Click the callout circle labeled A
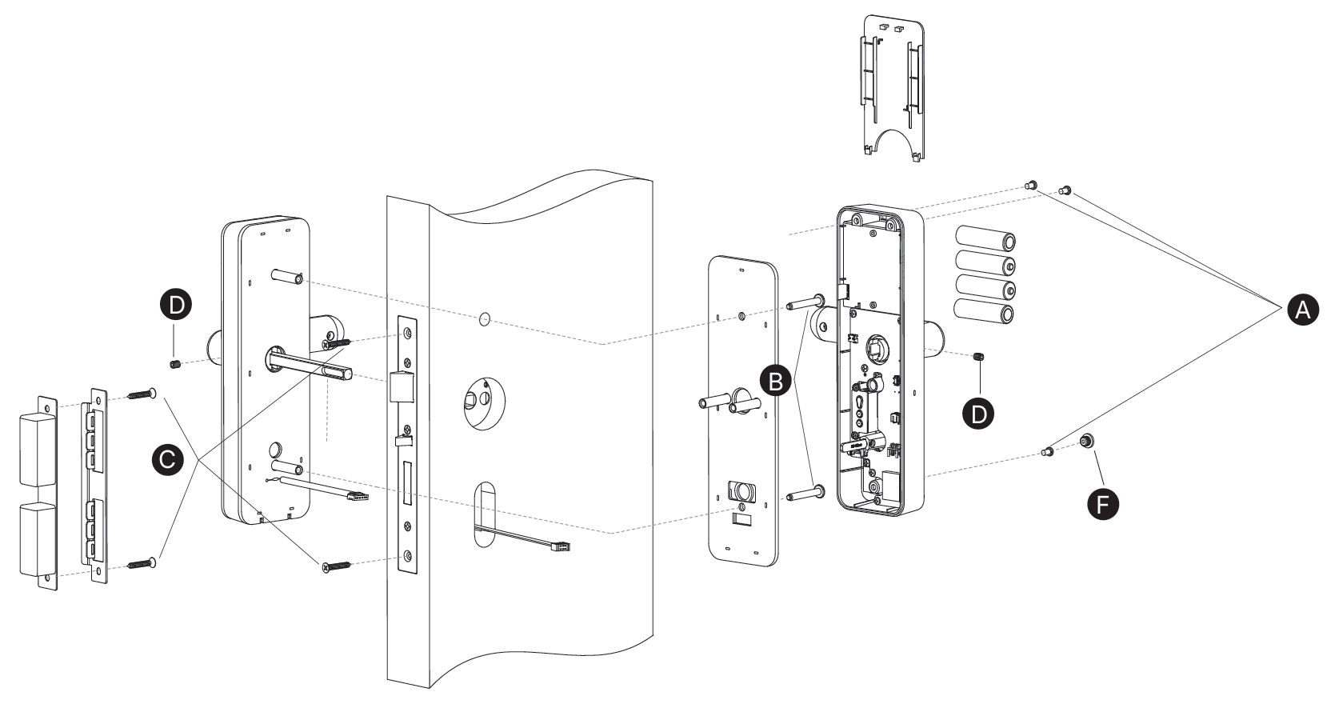point(1302,310)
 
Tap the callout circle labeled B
point(775,382)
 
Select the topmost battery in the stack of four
point(988,239)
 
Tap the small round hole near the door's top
point(483,319)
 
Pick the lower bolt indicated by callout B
point(803,494)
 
